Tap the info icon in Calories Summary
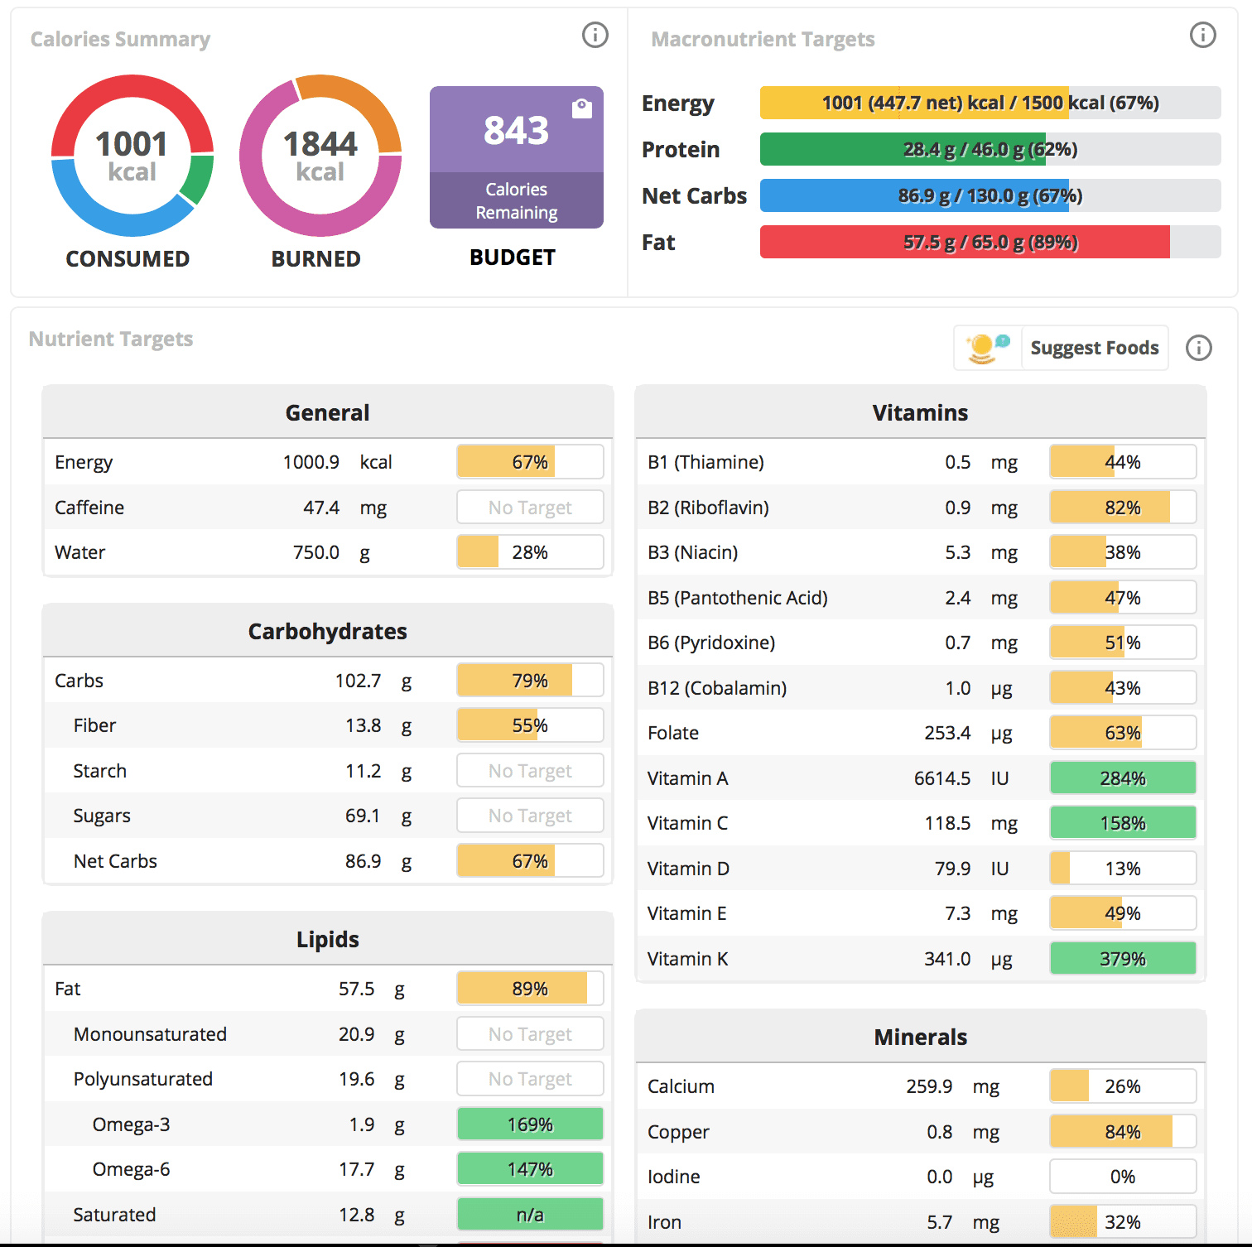595,35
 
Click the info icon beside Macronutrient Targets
1202,35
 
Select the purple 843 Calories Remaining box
516,157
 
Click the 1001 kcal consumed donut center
132,156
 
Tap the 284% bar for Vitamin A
1122,778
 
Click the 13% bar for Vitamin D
1122,869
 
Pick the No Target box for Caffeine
530,508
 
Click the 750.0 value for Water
316,552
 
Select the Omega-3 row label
131,1124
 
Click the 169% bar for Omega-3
530,1124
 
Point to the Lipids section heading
328,939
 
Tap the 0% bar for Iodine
1122,1177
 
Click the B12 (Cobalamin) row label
717,688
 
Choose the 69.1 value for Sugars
363,816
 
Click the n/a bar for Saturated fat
530,1215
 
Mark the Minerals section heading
920,1037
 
